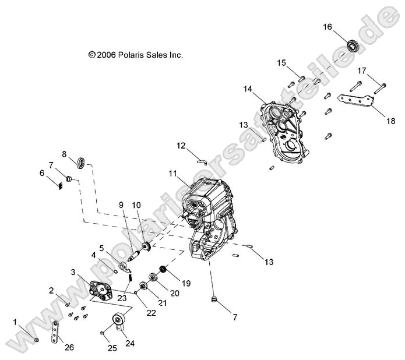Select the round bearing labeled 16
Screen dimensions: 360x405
point(352,45)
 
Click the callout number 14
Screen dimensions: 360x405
point(248,89)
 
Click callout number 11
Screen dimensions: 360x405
point(172,174)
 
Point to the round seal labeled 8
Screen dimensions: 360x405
point(82,162)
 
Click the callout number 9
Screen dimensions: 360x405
point(121,204)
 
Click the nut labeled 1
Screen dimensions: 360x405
point(36,339)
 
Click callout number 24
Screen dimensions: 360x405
point(131,343)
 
